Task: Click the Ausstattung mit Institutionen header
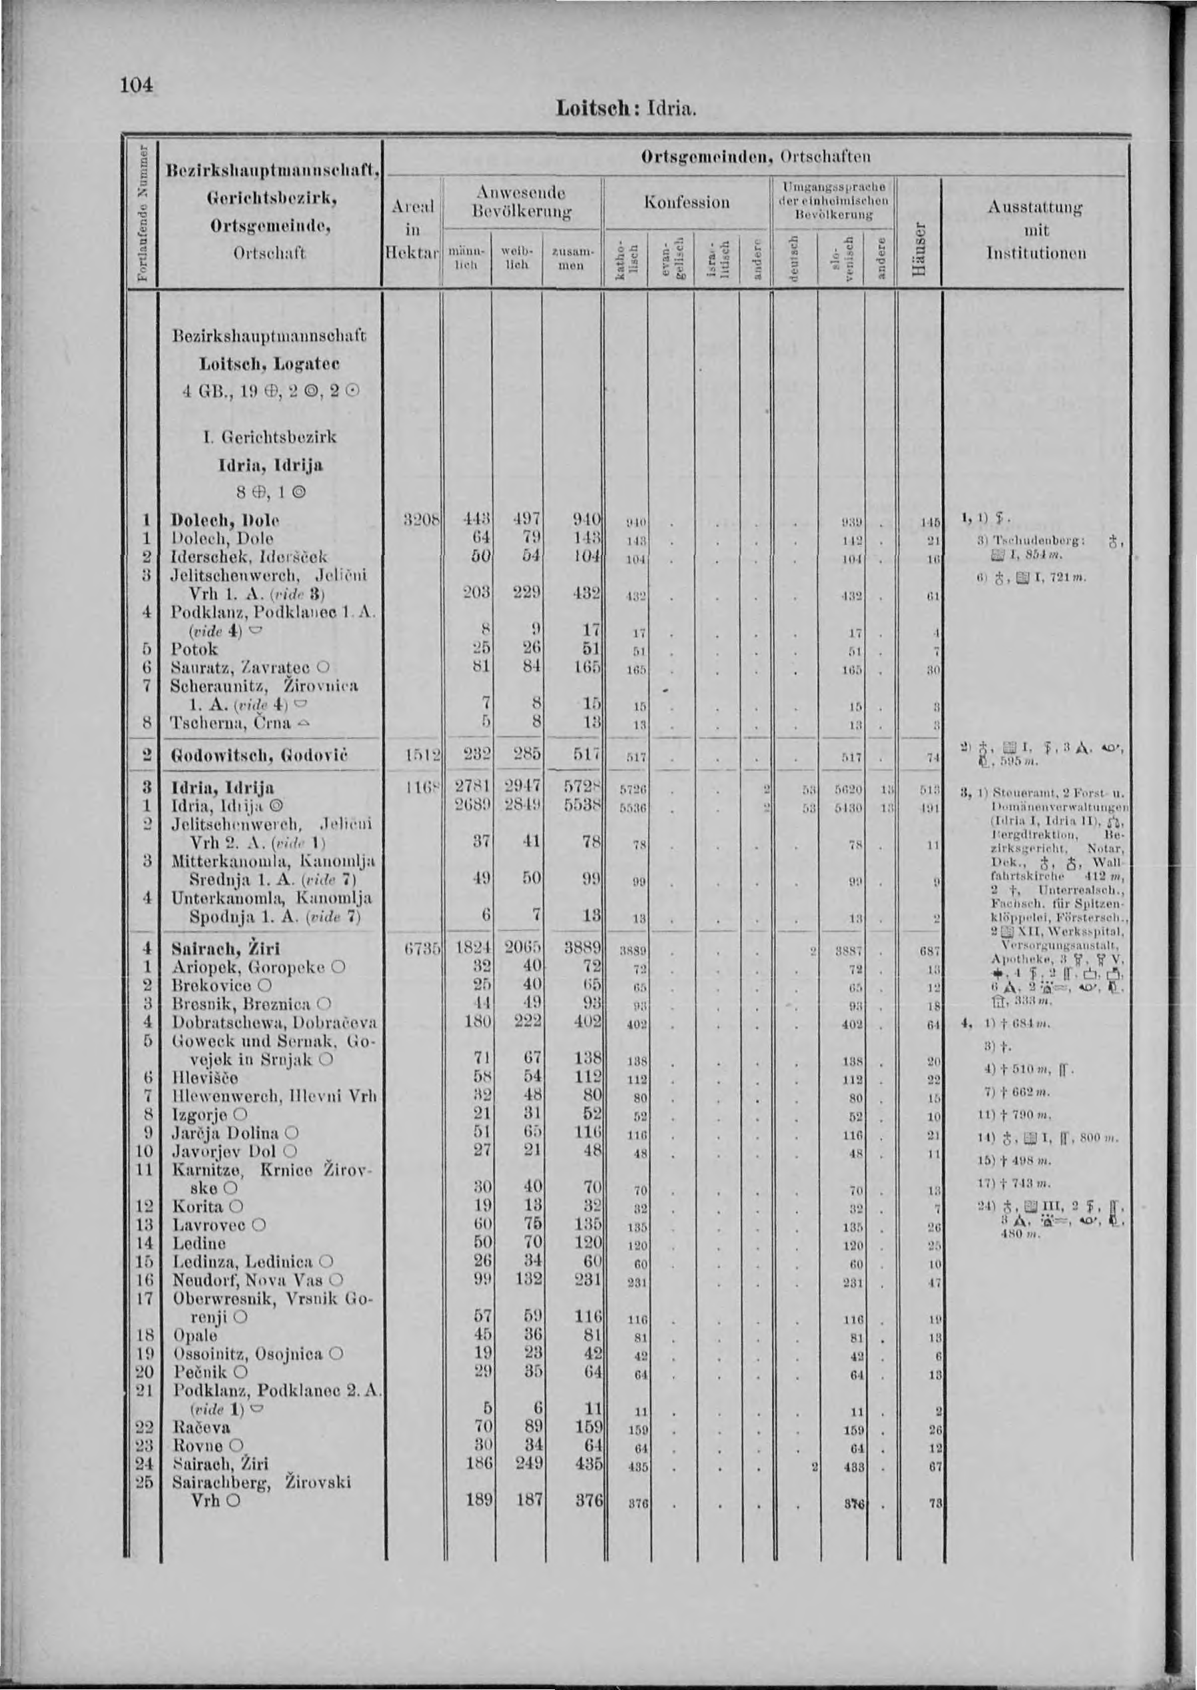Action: tap(1036, 231)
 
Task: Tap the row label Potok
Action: tap(195, 650)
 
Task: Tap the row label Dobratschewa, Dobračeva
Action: tap(274, 1022)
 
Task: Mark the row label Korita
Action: tap(198, 1206)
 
